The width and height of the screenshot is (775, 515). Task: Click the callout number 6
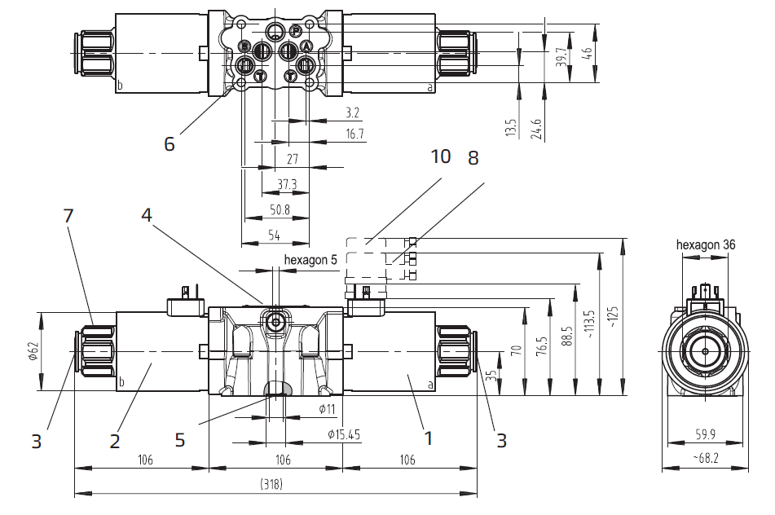pos(170,144)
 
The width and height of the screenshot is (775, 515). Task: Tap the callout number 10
pos(440,156)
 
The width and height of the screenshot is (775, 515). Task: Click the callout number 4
pos(147,215)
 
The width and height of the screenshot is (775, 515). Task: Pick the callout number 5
pos(180,439)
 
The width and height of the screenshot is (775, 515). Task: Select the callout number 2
pos(115,440)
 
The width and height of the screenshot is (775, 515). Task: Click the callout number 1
pos(427,438)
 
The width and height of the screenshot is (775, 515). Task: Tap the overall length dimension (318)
pos(271,484)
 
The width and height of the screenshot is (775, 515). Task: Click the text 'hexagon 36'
pos(707,244)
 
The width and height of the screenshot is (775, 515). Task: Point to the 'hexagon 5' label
pos(310,260)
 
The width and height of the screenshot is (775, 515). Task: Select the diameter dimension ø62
pos(33,350)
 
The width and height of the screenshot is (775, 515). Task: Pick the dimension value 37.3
pos(287,185)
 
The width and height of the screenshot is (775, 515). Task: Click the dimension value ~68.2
pos(707,460)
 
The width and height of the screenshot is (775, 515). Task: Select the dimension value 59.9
pos(707,434)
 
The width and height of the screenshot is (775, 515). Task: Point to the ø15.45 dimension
pos(344,434)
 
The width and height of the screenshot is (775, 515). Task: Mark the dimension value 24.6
pos(535,128)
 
